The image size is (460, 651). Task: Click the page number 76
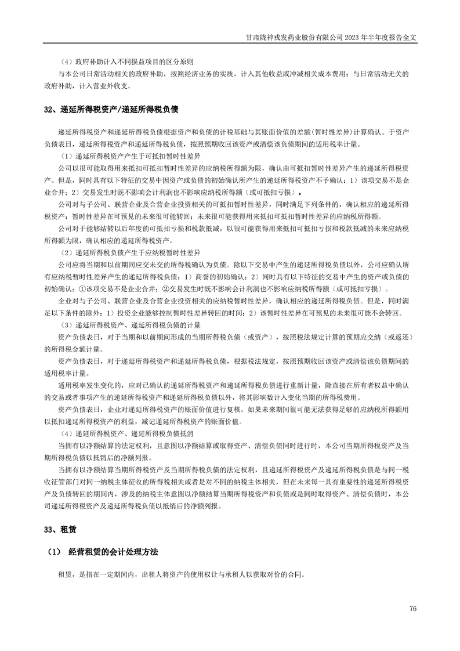[413, 608]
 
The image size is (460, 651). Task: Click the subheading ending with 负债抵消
[121, 433]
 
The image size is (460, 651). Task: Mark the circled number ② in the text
[165, 290]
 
